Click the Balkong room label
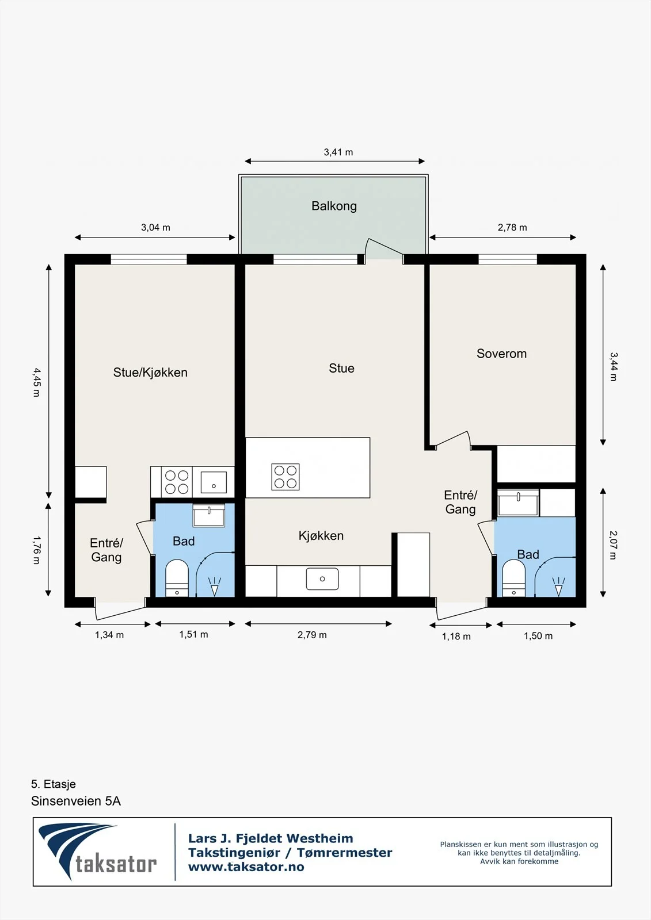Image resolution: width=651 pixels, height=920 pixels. click(x=334, y=206)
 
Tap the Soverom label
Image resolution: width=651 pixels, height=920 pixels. click(x=501, y=354)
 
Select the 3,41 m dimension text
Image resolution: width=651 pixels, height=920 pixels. click(x=338, y=152)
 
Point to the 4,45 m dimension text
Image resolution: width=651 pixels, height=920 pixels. click(x=37, y=382)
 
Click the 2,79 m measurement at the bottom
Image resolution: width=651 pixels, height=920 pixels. click(x=312, y=635)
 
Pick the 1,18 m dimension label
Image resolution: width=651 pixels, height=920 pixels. click(x=456, y=637)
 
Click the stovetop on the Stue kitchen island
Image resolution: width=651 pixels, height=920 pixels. click(x=285, y=477)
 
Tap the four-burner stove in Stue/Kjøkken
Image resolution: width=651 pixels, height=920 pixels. click(x=177, y=482)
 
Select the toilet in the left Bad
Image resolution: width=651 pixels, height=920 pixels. click(x=177, y=578)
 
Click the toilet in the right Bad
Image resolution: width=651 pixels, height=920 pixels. click(x=513, y=578)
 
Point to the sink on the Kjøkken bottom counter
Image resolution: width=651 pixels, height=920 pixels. click(x=322, y=578)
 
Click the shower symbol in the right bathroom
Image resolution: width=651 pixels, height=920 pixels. click(x=558, y=586)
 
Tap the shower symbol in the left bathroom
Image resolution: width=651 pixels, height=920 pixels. click(x=214, y=586)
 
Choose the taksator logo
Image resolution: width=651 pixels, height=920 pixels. click(x=97, y=852)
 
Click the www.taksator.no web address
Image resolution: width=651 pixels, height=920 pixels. click(x=246, y=867)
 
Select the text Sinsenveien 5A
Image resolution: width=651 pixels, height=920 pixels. click(x=75, y=802)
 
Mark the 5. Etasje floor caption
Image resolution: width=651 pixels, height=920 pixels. click(x=54, y=784)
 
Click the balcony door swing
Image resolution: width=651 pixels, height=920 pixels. click(x=383, y=248)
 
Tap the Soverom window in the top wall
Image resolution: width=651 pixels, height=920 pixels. click(x=508, y=259)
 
